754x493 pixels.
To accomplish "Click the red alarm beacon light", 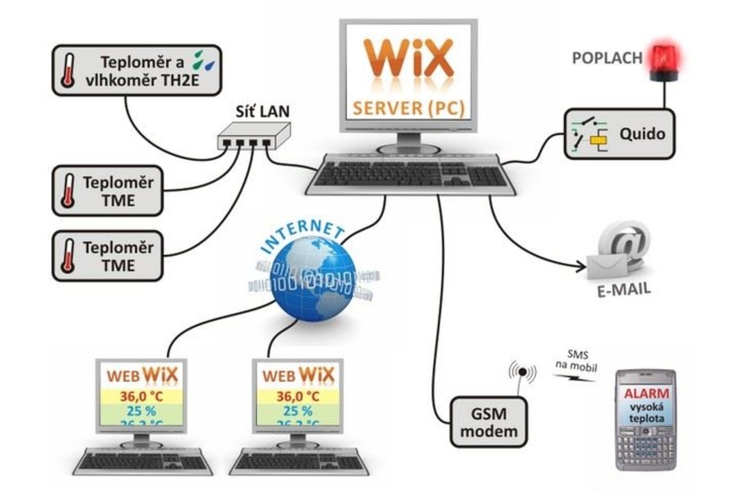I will pyautogui.click(x=663, y=58).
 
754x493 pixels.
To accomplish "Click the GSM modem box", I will pyautogui.click(x=489, y=422).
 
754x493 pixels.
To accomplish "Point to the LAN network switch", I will pyautogui.click(x=254, y=136).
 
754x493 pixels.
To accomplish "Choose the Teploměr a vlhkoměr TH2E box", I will pyautogui.click(x=136, y=70).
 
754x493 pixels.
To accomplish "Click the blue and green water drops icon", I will pyautogui.click(x=203, y=60).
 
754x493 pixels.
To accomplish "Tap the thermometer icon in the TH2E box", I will pyautogui.click(x=68, y=71).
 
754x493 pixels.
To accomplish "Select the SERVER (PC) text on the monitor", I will pyautogui.click(x=409, y=108).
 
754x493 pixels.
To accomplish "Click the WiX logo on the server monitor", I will pyautogui.click(x=409, y=60).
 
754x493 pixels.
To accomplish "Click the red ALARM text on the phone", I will pyautogui.click(x=645, y=394).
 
